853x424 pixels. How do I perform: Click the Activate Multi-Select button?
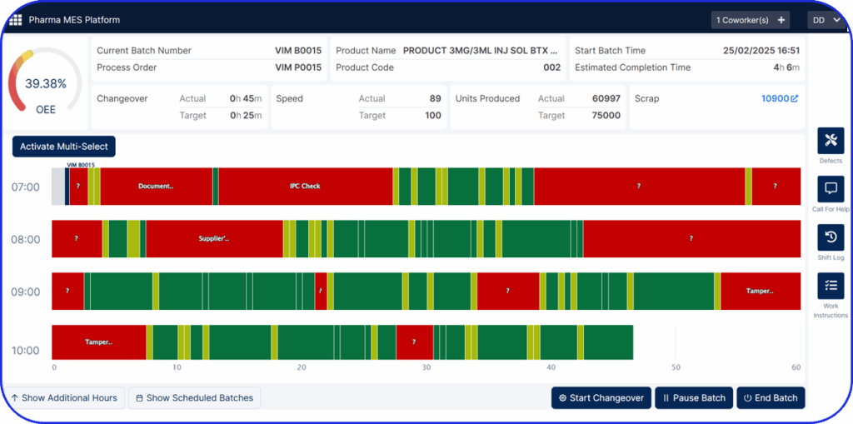pyautogui.click(x=64, y=147)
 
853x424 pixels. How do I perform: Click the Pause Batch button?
pyautogui.click(x=694, y=398)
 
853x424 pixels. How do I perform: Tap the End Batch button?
pyautogui.click(x=771, y=398)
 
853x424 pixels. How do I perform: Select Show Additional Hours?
pyautogui.click(x=64, y=398)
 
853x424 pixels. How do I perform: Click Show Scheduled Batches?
pyautogui.click(x=194, y=398)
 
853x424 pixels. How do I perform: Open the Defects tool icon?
pyautogui.click(x=831, y=142)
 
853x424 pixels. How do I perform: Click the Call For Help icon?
pyautogui.click(x=831, y=190)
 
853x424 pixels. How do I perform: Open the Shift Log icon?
pyautogui.click(x=831, y=238)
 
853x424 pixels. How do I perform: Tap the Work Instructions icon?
pyautogui.click(x=831, y=287)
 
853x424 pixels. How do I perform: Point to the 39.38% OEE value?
pyautogui.click(x=45, y=84)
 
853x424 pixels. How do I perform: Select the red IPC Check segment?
pyautogui.click(x=305, y=187)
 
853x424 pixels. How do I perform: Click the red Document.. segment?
pyautogui.click(x=156, y=187)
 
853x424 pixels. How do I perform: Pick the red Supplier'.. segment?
pyautogui.click(x=214, y=239)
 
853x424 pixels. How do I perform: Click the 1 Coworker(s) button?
pyautogui.click(x=751, y=20)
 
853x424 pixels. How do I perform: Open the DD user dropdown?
pyautogui.click(x=826, y=20)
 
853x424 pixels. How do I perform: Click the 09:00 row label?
pyautogui.click(x=25, y=292)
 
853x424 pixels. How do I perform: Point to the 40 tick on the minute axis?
pyautogui.click(x=551, y=367)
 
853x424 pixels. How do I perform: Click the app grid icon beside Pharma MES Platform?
pyautogui.click(x=15, y=19)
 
